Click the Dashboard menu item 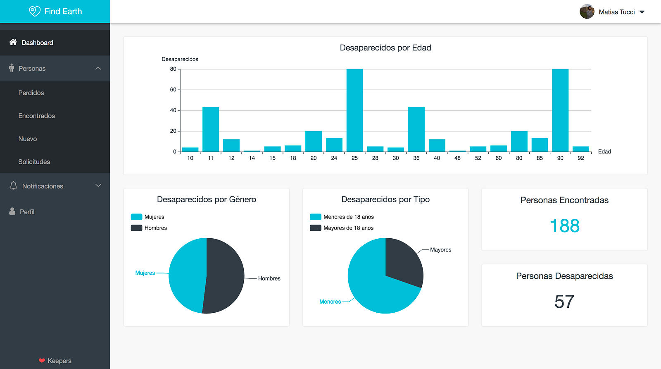click(37, 43)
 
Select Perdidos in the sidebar click(31, 93)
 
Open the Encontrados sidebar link click(36, 116)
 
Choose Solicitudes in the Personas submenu click(34, 162)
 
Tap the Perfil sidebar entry click(27, 212)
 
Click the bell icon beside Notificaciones click(13, 186)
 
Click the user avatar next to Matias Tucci click(587, 12)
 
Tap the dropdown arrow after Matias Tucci click(642, 12)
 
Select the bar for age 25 click(354, 110)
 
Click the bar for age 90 click(560, 110)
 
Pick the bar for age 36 click(416, 129)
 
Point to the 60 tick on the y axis click(173, 90)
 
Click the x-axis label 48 click(457, 158)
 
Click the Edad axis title click(604, 152)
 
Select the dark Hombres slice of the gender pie click(225, 276)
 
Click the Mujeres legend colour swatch click(136, 217)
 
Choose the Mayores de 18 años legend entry click(348, 228)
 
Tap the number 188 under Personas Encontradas click(564, 226)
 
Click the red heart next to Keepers click(42, 361)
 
